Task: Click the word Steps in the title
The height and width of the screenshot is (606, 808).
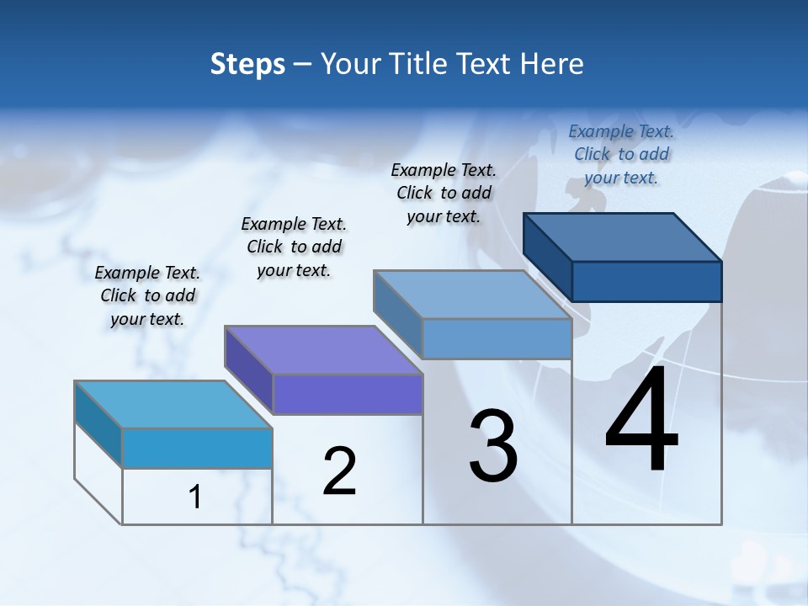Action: click(x=247, y=64)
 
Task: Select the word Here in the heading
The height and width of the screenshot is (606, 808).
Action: click(x=553, y=64)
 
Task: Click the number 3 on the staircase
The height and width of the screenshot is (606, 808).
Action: click(x=493, y=446)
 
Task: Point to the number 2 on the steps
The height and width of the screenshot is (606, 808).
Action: click(x=340, y=471)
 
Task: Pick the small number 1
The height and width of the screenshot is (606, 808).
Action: click(x=195, y=497)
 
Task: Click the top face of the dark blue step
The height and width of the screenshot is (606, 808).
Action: click(x=623, y=237)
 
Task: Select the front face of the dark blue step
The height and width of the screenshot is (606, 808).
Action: click(x=646, y=281)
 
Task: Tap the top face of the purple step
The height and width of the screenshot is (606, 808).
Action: click(x=323, y=349)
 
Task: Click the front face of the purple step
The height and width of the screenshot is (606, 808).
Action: click(x=347, y=394)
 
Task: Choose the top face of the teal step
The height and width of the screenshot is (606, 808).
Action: click(x=173, y=404)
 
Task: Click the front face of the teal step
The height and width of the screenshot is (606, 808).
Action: click(x=197, y=448)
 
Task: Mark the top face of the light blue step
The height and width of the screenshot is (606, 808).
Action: click(x=472, y=295)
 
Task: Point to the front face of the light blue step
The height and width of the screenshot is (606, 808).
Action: click(x=497, y=338)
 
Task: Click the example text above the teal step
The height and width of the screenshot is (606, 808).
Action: click(x=147, y=295)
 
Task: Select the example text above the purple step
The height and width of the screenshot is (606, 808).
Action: click(x=294, y=247)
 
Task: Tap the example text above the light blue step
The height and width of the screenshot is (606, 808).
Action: click(x=444, y=193)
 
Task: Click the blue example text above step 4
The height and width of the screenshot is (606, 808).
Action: click(x=621, y=154)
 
